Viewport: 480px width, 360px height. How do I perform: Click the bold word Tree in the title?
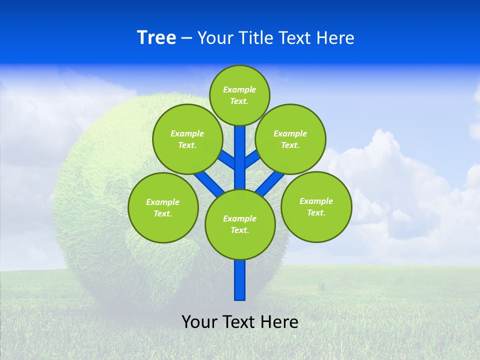156,38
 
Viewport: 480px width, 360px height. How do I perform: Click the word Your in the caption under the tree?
200,322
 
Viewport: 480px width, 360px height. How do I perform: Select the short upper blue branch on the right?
252,159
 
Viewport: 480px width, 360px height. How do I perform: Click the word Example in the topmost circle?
239,89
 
